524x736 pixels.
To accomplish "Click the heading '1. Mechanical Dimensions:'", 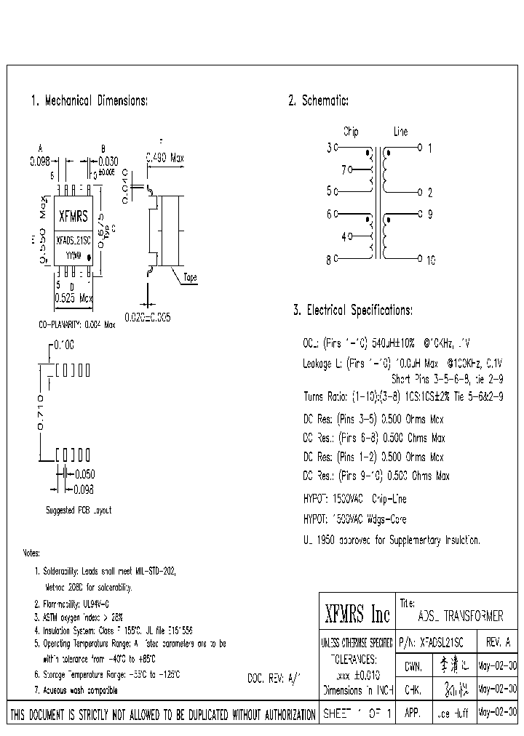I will click(x=90, y=101).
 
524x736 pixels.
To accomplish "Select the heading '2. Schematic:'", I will click(x=319, y=101).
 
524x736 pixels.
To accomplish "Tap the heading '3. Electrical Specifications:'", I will click(x=353, y=311).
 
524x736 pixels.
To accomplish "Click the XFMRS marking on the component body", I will click(x=73, y=216).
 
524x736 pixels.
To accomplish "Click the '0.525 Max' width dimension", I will click(x=74, y=298).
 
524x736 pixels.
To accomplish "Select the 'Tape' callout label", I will click(x=189, y=277).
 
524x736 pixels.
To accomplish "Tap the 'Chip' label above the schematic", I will click(x=351, y=132).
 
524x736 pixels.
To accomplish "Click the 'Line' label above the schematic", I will click(x=401, y=132).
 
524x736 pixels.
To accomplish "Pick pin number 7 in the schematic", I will click(x=344, y=169).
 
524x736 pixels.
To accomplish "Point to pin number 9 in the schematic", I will click(x=429, y=215).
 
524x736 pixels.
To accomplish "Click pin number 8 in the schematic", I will click(x=330, y=259).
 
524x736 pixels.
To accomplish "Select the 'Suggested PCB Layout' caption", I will click(x=79, y=511).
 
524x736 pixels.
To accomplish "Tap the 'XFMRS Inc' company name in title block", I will click(x=357, y=615).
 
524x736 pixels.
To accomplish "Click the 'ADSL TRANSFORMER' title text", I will click(x=461, y=616).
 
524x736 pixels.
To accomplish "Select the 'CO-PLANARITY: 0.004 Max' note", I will click(x=76, y=324).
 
